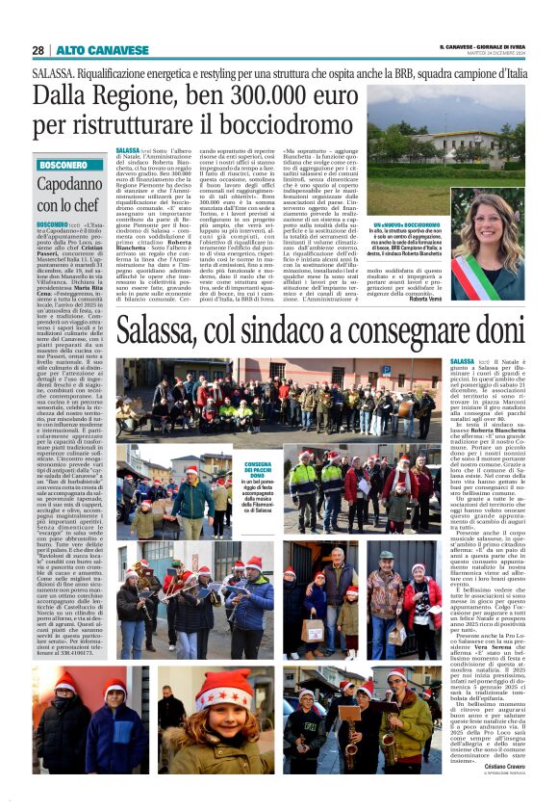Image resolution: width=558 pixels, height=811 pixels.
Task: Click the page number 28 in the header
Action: point(38,49)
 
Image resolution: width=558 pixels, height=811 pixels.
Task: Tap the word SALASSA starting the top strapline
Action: point(50,73)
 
